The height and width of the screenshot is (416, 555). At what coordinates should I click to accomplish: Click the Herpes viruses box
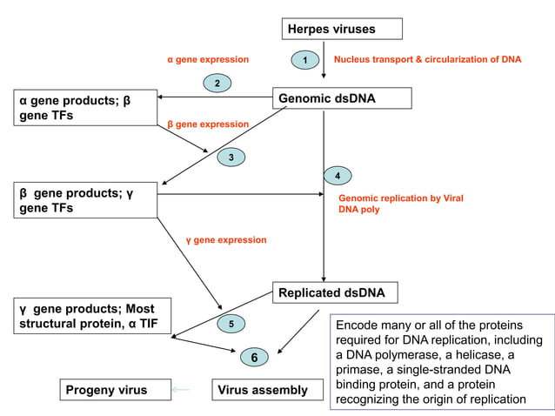pyautogui.click(x=343, y=30)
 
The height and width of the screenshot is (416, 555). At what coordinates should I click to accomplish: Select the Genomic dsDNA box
pyautogui.click(x=342, y=98)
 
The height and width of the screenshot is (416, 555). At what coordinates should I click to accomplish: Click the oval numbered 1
pyautogui.click(x=304, y=60)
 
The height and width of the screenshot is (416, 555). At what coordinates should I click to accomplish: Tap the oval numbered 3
pyautogui.click(x=231, y=158)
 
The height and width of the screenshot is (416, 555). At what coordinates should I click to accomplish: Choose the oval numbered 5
pyautogui.click(x=231, y=325)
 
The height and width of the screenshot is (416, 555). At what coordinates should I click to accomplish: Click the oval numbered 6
pyautogui.click(x=254, y=358)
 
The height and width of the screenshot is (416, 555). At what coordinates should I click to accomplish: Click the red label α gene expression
pyautogui.click(x=208, y=60)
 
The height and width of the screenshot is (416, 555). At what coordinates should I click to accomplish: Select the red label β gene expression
pyautogui.click(x=208, y=124)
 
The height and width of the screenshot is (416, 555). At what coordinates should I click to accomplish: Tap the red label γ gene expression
pyautogui.click(x=226, y=239)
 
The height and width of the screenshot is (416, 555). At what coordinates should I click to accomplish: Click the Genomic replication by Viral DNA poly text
pyautogui.click(x=400, y=204)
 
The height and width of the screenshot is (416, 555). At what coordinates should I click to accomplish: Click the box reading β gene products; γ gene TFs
pyautogui.click(x=84, y=200)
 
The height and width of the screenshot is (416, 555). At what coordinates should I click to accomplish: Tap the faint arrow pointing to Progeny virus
pyautogui.click(x=181, y=390)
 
